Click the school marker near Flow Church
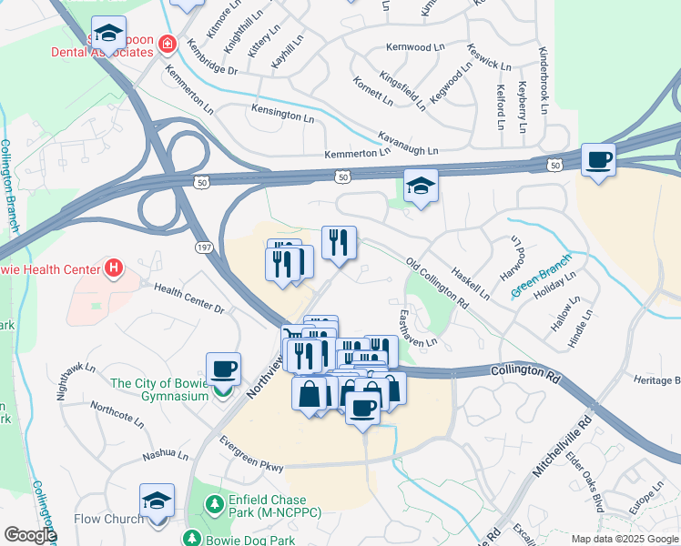click(x=157, y=501)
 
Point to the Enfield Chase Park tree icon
click(x=215, y=503)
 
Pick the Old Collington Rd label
click(x=436, y=280)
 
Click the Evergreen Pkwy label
click(x=251, y=453)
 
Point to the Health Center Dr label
click(x=188, y=298)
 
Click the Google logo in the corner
click(x=29, y=535)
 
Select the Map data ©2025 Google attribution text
click(x=624, y=539)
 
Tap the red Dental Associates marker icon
click(x=167, y=43)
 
